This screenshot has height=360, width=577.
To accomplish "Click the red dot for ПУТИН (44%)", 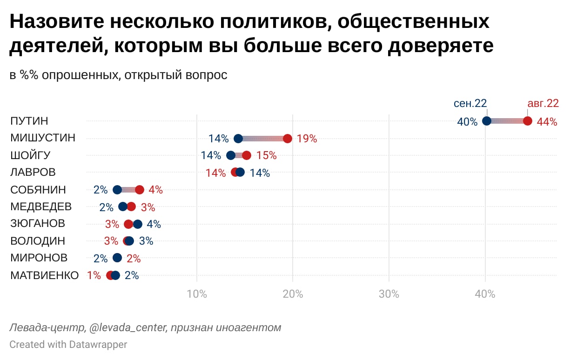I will click(x=527, y=121).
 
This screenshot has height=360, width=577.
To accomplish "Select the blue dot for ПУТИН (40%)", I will click(x=487, y=121).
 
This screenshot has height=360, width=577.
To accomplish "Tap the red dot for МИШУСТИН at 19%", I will click(x=288, y=139).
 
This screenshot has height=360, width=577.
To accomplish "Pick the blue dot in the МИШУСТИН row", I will click(x=238, y=139).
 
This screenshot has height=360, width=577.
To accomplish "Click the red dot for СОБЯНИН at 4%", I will click(x=140, y=190).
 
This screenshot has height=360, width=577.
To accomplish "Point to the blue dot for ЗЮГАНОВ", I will click(x=138, y=224).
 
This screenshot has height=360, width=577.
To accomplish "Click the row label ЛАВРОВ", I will click(x=33, y=173).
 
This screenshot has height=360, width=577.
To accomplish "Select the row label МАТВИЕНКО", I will click(x=45, y=275).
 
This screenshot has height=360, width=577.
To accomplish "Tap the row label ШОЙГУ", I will click(x=30, y=155).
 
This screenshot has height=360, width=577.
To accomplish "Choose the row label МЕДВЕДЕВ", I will click(x=41, y=207).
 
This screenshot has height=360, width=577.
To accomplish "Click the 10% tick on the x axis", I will click(x=196, y=294).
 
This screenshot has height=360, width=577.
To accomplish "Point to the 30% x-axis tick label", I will click(x=389, y=294).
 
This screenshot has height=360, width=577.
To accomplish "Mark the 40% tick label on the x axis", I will click(x=485, y=294).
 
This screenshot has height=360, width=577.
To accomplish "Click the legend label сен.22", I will click(x=470, y=103).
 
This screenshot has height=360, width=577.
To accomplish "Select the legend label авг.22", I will click(x=543, y=103).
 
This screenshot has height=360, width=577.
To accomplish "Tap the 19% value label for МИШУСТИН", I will click(x=307, y=139).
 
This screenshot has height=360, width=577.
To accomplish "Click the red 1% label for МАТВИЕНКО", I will click(x=94, y=275).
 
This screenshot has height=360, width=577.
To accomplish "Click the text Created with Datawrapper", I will click(x=68, y=345).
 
